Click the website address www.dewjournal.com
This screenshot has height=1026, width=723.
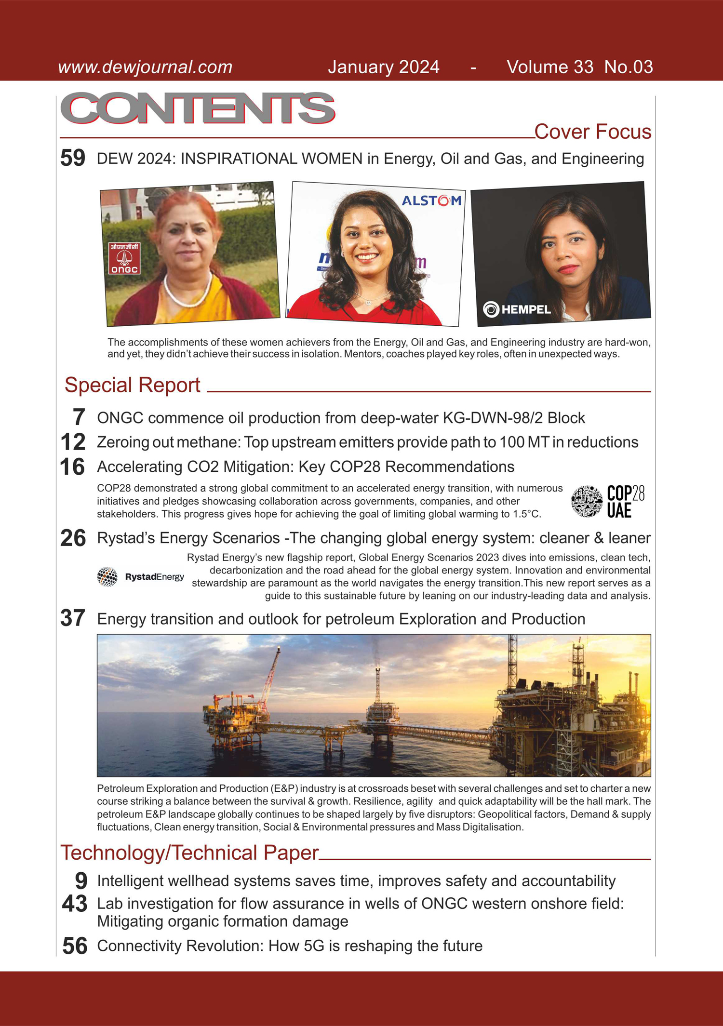coord(145,67)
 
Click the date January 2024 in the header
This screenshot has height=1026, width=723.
coord(383,67)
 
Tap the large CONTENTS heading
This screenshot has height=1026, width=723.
coord(198,109)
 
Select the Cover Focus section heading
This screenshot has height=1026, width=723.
coord(592,132)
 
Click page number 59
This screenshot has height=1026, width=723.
coord(73,158)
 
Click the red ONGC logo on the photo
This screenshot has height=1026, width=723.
coord(124,258)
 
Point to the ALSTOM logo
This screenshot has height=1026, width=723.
coord(431,200)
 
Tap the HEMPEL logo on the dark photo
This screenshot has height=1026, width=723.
coord(517,309)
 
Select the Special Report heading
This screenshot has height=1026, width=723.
coord(133,385)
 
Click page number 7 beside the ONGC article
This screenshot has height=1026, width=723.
coord(79,417)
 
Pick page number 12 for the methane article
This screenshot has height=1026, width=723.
coord(73,442)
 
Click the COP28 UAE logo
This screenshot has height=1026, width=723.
coord(608,501)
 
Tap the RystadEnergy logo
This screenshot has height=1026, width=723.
coord(141,576)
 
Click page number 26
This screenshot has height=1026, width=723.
coord(73,538)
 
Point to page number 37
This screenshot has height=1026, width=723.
coord(73,618)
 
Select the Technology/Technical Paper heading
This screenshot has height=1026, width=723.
coord(189,853)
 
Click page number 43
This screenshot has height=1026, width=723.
coord(75,904)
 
